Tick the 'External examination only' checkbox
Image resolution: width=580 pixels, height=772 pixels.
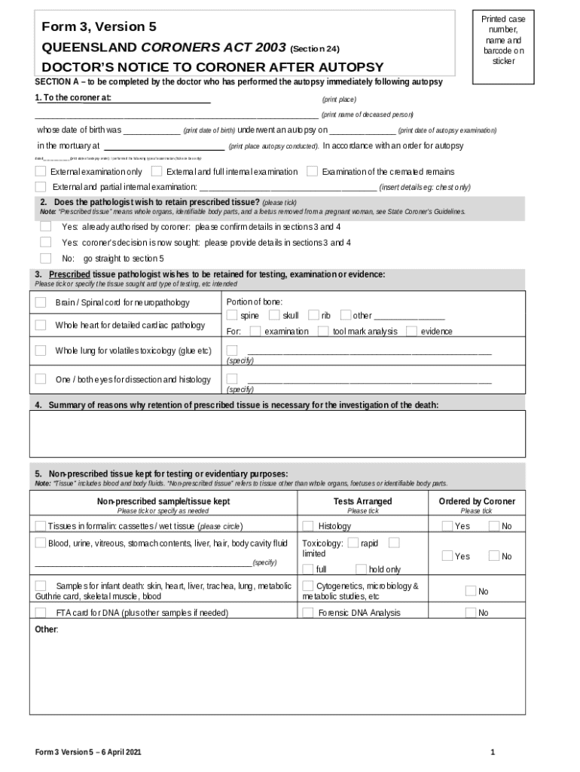tap(41, 172)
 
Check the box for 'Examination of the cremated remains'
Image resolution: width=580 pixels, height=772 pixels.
tap(312, 172)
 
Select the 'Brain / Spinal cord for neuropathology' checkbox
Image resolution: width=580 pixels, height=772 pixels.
tap(41, 302)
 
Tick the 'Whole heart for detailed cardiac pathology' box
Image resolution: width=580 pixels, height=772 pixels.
tap(41, 325)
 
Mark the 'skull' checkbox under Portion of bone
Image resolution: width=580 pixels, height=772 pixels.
tap(274, 315)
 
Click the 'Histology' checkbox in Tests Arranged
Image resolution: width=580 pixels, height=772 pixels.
tap(308, 526)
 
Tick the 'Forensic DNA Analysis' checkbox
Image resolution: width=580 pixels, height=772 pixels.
tap(308, 613)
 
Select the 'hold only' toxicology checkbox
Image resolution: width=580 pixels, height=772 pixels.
tap(361, 569)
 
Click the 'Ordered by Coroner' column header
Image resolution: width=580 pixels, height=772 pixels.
tap(477, 501)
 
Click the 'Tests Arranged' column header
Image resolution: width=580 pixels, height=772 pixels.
tap(362, 501)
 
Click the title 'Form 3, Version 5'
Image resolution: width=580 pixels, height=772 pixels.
tap(99, 27)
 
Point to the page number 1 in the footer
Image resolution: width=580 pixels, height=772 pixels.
tap(492, 752)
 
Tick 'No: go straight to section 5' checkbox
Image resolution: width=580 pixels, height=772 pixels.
tap(46, 259)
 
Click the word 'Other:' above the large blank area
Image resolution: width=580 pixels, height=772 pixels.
tap(46, 629)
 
